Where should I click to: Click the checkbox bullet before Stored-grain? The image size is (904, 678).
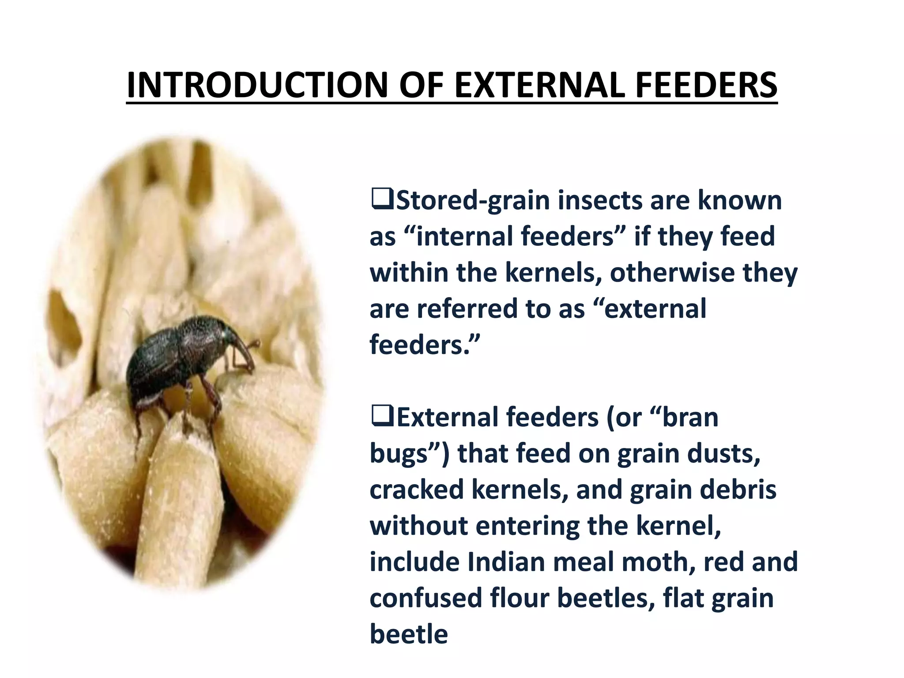point(382,200)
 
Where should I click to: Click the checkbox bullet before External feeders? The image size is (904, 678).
point(382,417)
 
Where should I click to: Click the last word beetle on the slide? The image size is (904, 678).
point(409,634)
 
